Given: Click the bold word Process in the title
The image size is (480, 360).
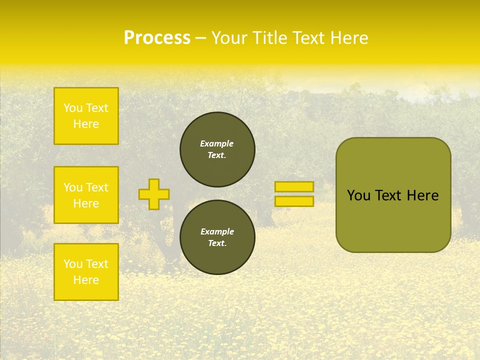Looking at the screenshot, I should coord(157,38).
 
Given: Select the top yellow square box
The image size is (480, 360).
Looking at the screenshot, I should coord(86,116).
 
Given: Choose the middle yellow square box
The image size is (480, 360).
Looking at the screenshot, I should coord(86,195).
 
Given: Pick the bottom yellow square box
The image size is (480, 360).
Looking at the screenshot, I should coord(86,272).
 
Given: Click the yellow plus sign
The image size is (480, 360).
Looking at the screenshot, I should coord(154,194).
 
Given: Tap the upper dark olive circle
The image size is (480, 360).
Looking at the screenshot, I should coord(217,149).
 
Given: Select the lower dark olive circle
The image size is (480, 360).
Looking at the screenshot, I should coord(217,237).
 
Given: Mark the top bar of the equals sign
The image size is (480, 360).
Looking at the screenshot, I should coord(294,186).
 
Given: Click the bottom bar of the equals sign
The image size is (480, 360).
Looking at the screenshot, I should coord(294,201).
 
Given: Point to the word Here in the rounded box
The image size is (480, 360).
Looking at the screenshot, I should coord(422,195).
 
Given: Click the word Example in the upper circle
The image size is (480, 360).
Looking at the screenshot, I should coord(217,143).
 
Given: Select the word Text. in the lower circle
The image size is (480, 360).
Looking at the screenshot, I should coord(217,243).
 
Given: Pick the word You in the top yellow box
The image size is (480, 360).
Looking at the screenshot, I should coord(73,108).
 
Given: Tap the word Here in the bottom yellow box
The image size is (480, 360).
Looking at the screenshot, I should coord(86,280).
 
